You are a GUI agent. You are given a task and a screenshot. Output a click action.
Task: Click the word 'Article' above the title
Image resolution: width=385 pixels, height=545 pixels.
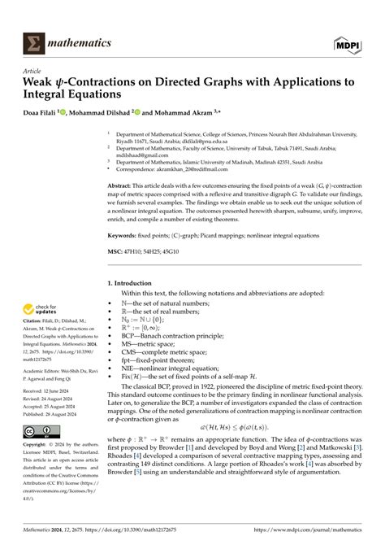33,72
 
